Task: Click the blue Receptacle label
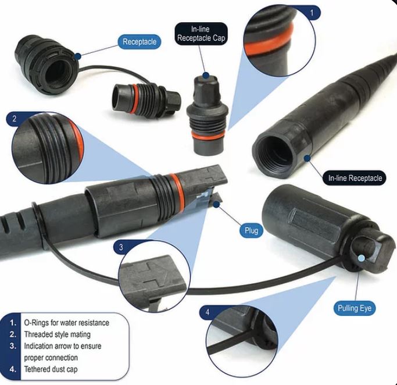(x=140, y=42)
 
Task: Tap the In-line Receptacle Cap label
(x=201, y=34)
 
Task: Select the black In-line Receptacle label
(x=355, y=178)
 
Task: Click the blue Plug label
(x=251, y=230)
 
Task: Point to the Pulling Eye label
(x=355, y=308)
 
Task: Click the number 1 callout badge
(x=312, y=13)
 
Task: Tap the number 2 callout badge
(x=15, y=119)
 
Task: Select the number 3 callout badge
(x=121, y=247)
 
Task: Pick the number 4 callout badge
(x=208, y=312)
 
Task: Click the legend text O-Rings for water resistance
(x=67, y=323)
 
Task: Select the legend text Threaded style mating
(x=57, y=334)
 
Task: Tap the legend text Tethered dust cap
(x=51, y=369)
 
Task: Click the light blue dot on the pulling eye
(x=362, y=258)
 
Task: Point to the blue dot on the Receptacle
(x=78, y=56)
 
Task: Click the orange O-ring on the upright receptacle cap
(x=208, y=136)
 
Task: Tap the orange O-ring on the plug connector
(x=177, y=190)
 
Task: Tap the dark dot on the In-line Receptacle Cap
(x=206, y=75)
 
